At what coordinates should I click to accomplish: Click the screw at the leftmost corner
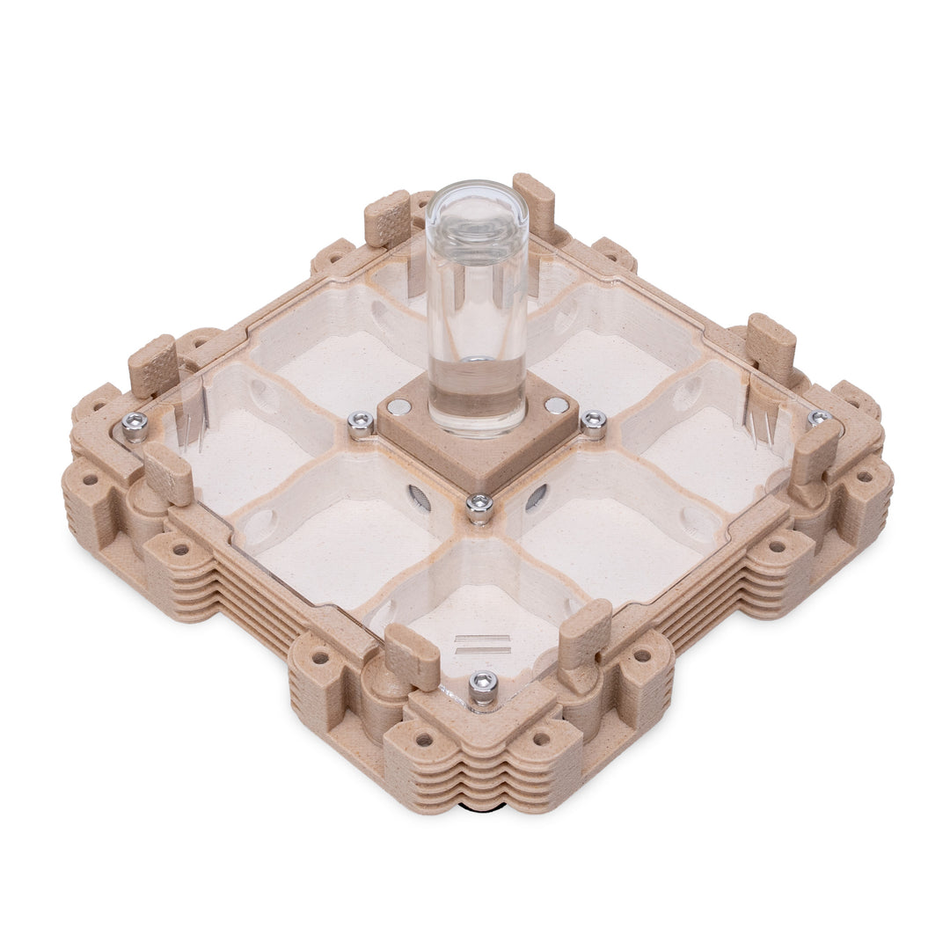tap(135, 425)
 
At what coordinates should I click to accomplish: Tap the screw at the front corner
tap(483, 685)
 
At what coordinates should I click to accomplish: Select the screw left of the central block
tap(360, 423)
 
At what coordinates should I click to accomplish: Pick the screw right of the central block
tap(594, 422)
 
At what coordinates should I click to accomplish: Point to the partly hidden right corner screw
tap(819, 418)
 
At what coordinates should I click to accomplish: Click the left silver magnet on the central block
tap(398, 406)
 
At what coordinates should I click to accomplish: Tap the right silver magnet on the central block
tap(556, 406)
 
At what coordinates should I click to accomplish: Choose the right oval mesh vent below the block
tap(536, 498)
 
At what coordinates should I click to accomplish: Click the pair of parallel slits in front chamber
tap(482, 644)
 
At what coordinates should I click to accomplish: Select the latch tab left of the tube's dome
tap(387, 217)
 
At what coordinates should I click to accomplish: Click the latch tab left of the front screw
tap(413, 656)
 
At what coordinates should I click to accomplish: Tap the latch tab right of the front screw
tap(585, 633)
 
